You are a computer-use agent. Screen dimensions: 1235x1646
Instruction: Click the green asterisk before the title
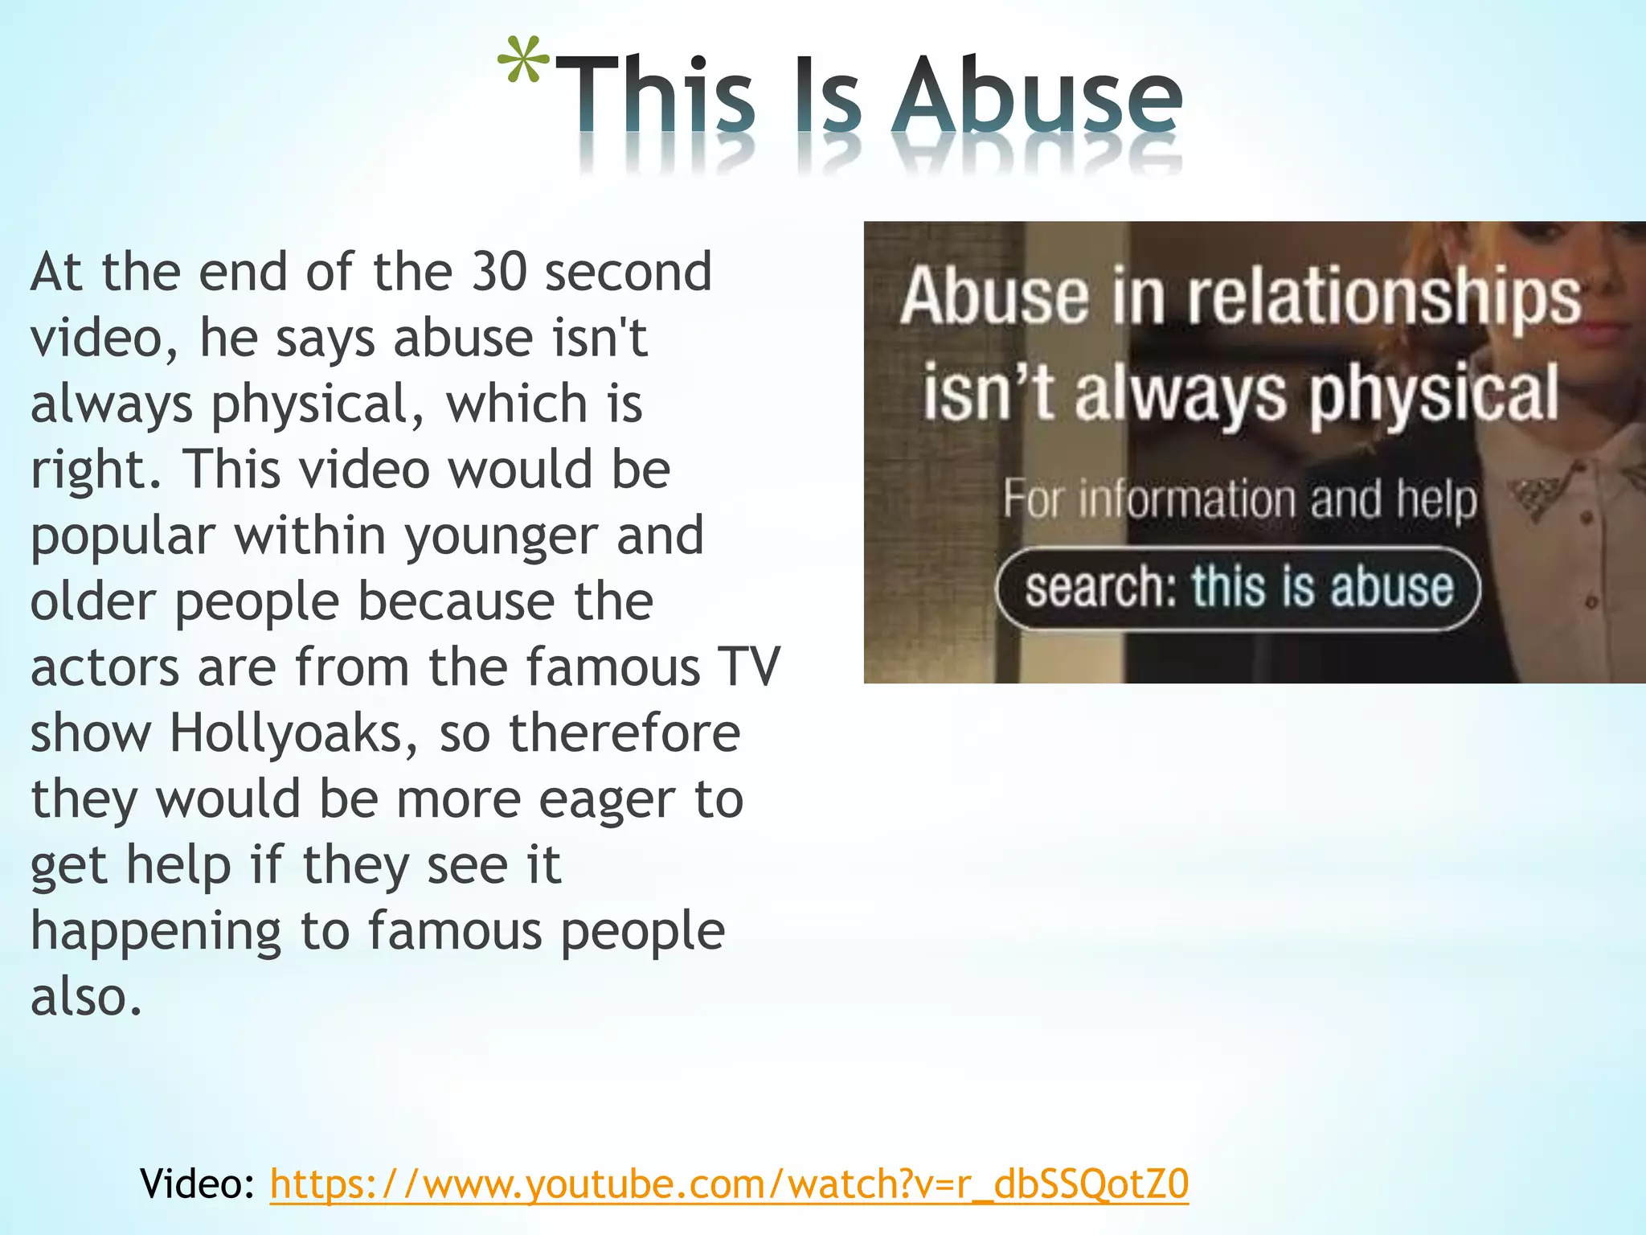point(523,63)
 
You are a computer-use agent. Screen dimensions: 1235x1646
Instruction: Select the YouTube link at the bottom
point(729,1184)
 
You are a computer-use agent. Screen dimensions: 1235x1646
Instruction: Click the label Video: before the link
point(197,1184)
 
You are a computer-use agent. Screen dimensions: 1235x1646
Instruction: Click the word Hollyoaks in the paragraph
point(294,733)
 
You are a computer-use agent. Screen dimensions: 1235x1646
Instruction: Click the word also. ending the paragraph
point(86,997)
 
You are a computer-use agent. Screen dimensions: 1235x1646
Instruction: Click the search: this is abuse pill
point(1238,588)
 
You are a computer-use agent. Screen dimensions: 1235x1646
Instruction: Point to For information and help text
point(1239,499)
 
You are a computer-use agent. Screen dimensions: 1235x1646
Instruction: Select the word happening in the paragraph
point(156,931)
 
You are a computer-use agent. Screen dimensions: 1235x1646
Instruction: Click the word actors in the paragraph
point(104,667)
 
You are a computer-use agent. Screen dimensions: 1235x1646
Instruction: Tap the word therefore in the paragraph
point(624,733)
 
